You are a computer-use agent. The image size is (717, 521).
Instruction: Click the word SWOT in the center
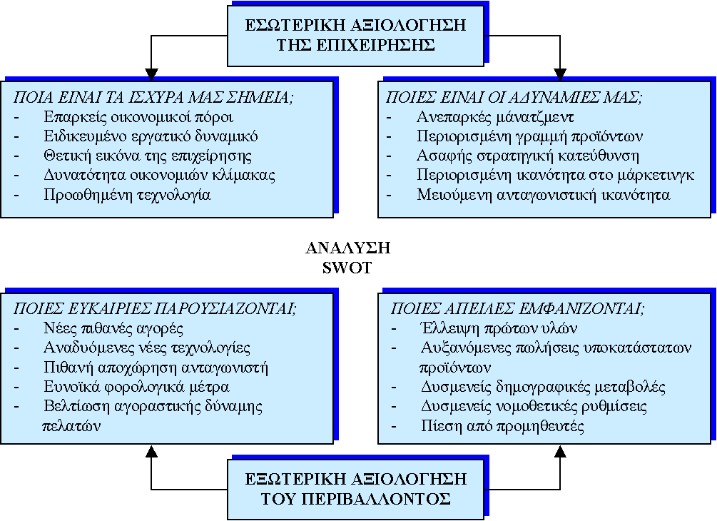[347, 268]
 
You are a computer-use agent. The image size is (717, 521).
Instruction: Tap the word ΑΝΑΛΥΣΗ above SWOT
[348, 248]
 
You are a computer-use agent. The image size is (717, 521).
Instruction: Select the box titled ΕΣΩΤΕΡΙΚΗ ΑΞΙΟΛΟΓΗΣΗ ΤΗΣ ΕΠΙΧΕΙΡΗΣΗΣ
[356, 36]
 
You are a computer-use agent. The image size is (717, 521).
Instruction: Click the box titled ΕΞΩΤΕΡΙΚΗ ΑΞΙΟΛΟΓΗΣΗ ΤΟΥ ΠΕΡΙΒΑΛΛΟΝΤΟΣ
[356, 490]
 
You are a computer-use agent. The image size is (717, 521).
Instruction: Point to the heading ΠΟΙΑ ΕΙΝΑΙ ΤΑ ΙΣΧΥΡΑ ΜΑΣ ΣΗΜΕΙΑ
[153, 98]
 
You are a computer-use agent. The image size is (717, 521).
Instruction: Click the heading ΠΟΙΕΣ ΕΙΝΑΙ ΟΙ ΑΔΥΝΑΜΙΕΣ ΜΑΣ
[514, 98]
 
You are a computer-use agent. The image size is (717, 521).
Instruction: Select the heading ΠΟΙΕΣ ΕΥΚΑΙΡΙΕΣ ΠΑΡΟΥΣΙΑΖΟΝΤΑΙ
[155, 309]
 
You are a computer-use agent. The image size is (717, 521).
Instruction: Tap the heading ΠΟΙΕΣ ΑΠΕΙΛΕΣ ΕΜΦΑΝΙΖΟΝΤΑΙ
[517, 309]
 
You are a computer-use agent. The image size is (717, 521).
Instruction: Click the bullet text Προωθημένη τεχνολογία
[127, 196]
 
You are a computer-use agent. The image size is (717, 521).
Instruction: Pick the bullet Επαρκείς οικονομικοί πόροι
[138, 118]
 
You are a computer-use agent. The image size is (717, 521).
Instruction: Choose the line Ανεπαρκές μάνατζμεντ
[495, 118]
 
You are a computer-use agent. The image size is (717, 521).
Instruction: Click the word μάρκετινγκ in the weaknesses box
[656, 176]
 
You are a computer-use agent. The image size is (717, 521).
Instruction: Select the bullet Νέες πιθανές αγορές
[113, 328]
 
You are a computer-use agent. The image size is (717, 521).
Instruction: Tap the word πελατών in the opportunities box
[71, 426]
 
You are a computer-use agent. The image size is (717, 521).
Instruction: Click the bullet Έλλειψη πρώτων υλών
[499, 328]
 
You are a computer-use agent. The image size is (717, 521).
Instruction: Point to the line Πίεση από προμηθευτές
[502, 426]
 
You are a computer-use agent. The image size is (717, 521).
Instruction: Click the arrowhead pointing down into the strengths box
[151, 74]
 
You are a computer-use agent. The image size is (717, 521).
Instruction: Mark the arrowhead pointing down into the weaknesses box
[560, 74]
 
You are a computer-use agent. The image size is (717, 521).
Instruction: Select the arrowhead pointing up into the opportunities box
[151, 451]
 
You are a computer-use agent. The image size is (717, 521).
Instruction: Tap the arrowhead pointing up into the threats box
[560, 451]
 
